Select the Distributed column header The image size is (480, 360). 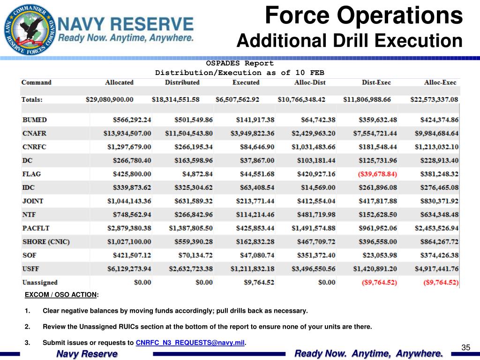(182, 82)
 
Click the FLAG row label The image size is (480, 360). (31, 174)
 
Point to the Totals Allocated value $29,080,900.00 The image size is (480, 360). (110, 100)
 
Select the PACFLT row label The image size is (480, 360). (36, 228)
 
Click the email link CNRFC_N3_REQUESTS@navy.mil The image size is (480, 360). (190, 343)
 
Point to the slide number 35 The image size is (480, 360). (465, 347)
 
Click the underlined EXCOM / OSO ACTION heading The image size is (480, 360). (61, 295)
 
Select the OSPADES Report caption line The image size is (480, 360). (240, 63)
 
